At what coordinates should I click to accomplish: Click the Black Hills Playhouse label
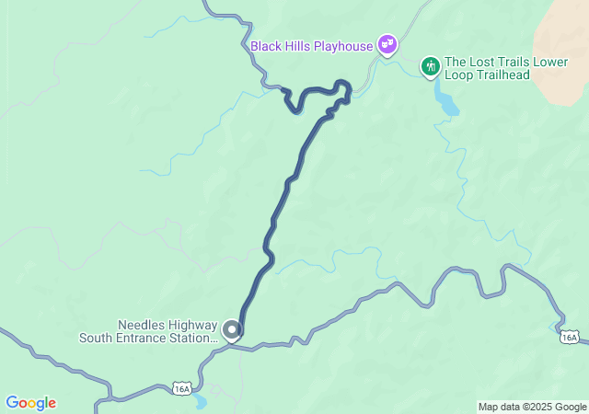[x=311, y=46]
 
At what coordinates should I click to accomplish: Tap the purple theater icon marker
[x=387, y=44]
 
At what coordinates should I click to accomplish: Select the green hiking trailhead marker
[x=430, y=66]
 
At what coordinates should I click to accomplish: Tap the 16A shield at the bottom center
[x=182, y=389]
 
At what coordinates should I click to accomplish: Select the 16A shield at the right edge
[x=570, y=338]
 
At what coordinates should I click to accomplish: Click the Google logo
[x=30, y=403]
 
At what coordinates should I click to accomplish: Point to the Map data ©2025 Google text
[x=532, y=407]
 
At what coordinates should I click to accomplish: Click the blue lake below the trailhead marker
[x=447, y=102]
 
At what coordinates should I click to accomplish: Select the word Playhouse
[x=343, y=46]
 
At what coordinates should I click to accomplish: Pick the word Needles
[x=141, y=325]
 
